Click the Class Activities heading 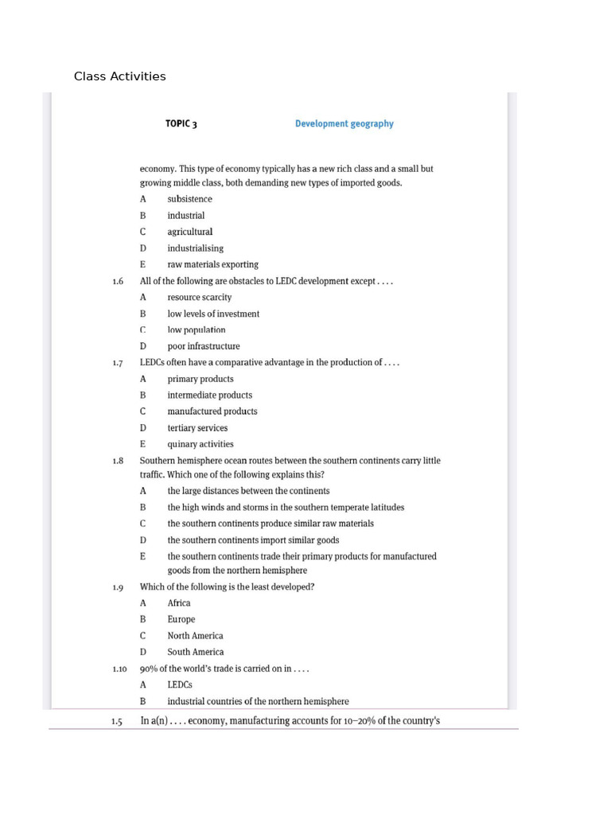click(x=119, y=76)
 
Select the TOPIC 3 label click(x=181, y=123)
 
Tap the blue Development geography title click(x=344, y=123)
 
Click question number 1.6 click(x=118, y=281)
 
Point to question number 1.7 click(x=118, y=363)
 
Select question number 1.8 click(x=118, y=461)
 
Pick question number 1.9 click(x=118, y=587)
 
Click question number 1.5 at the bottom click(x=118, y=721)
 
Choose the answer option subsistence click(x=189, y=199)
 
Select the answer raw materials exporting click(x=212, y=264)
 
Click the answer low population click(x=196, y=330)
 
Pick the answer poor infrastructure click(x=203, y=346)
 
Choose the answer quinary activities click(x=200, y=444)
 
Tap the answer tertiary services click(x=197, y=428)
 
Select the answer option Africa click(x=179, y=602)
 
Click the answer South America click(x=195, y=652)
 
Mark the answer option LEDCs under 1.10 click(x=180, y=684)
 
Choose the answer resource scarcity click(x=199, y=297)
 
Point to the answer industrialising click(x=195, y=248)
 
